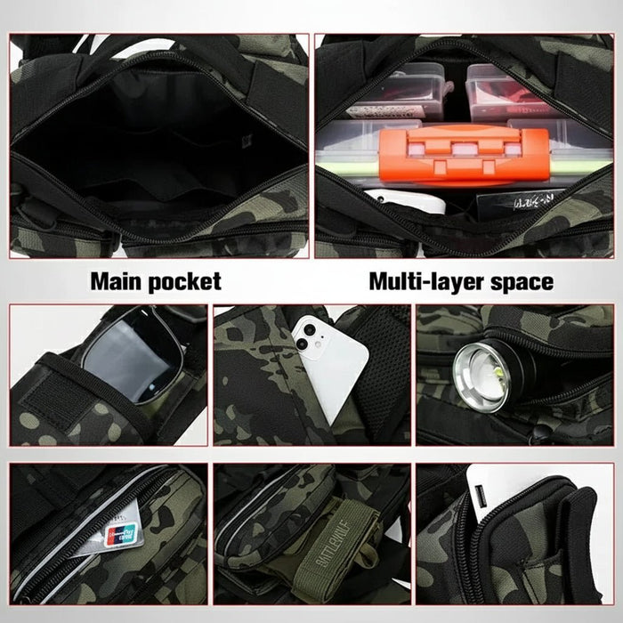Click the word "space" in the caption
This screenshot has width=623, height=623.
522,282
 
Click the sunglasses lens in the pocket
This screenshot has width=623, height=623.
125,356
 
